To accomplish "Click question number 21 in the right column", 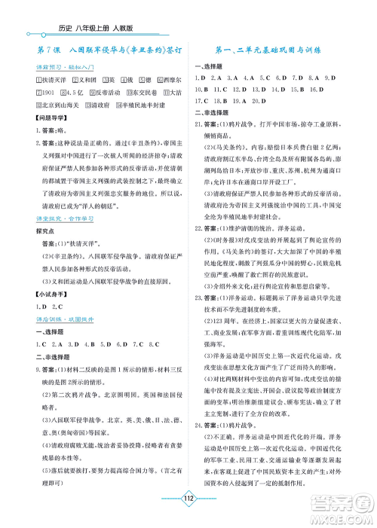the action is (x=199, y=122).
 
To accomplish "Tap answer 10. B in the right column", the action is (x=203, y=89).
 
